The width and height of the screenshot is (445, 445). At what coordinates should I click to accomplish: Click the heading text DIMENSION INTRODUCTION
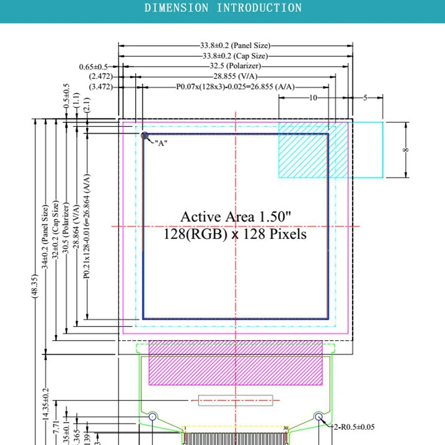[x=223, y=8]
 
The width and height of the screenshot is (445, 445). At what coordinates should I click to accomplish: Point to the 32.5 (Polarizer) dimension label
[x=234, y=66]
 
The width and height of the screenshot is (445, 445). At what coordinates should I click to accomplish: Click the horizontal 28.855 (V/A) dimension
[x=234, y=76]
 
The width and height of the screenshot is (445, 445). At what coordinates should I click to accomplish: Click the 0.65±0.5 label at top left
[x=93, y=67]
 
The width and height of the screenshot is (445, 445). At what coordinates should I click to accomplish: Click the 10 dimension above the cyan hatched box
[x=313, y=97]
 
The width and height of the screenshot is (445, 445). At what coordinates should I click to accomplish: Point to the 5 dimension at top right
[x=365, y=97]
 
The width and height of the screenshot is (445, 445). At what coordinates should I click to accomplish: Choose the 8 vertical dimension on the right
[x=406, y=150]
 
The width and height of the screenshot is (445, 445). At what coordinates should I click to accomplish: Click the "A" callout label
[x=161, y=144]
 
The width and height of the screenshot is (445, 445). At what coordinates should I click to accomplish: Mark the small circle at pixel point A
[x=145, y=135]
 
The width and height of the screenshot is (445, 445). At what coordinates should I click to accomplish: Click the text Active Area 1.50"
[x=235, y=216]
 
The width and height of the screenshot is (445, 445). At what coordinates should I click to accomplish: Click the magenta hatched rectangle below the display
[x=236, y=363]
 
